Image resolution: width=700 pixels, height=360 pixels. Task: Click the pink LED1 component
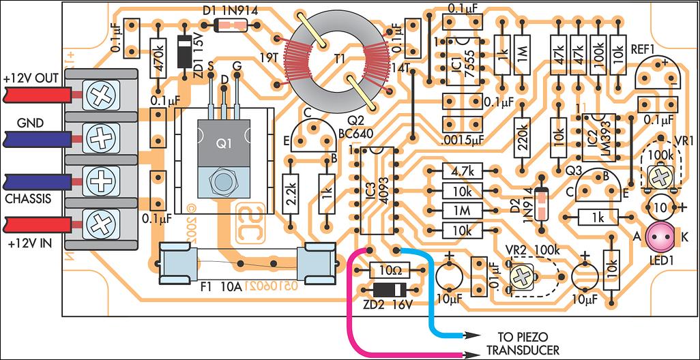(660, 237)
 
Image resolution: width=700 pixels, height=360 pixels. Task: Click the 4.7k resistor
(462, 170)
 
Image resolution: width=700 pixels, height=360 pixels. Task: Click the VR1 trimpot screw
(659, 178)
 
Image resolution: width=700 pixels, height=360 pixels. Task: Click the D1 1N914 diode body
(226, 27)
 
